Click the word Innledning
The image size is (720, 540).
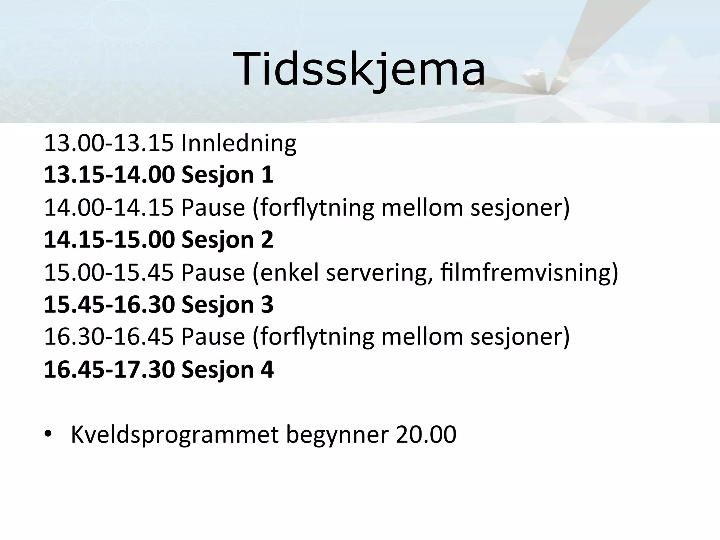[x=239, y=143]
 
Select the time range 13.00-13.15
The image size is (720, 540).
[x=109, y=143]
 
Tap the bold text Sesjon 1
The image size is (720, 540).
[x=227, y=175]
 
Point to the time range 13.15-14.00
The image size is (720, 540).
[x=109, y=175]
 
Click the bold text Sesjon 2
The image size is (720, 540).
[x=227, y=240]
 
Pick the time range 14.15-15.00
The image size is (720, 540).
[x=109, y=240]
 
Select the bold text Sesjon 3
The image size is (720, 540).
[x=227, y=304]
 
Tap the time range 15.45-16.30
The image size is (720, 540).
[x=109, y=304]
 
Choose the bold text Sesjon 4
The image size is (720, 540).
[x=227, y=369]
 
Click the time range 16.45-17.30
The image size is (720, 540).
[x=109, y=369]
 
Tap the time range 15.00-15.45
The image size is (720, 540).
[x=109, y=272]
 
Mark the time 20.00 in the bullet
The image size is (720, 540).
[x=426, y=435]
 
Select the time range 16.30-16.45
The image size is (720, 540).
[x=109, y=337]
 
